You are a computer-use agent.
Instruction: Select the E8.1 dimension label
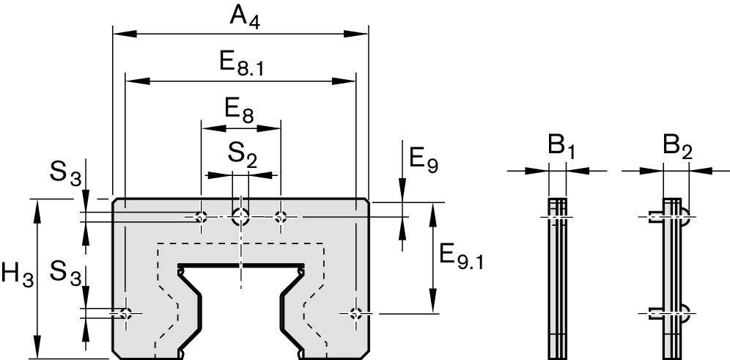click(x=241, y=64)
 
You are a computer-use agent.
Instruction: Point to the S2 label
click(x=242, y=155)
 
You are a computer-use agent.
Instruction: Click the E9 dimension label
click(x=424, y=158)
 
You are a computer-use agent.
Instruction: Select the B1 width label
click(x=558, y=147)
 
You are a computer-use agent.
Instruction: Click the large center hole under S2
click(x=240, y=216)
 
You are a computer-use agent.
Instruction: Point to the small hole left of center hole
click(x=201, y=216)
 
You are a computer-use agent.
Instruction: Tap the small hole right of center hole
click(x=281, y=216)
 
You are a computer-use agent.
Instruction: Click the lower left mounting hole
click(x=126, y=314)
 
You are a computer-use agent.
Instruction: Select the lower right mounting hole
click(x=355, y=314)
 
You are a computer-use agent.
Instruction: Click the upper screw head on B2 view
click(x=685, y=216)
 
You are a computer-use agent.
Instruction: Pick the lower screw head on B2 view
click(x=685, y=314)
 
